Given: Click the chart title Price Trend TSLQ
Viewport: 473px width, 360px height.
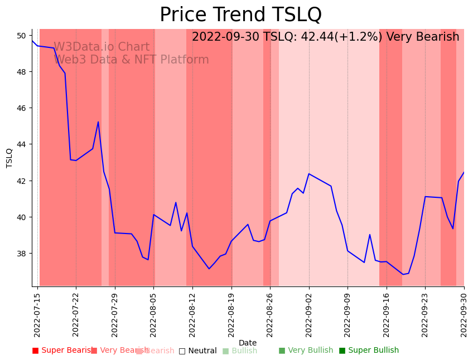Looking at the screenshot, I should [x=240, y=15].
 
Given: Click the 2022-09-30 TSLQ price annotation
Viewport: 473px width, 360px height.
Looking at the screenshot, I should [x=325, y=37].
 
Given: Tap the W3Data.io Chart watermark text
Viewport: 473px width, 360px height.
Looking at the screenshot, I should [x=102, y=47].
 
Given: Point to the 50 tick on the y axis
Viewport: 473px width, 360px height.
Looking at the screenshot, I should [x=22, y=36].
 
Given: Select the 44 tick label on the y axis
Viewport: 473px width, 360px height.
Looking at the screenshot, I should [x=22, y=144].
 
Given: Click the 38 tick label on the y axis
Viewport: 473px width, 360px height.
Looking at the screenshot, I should [x=22, y=254].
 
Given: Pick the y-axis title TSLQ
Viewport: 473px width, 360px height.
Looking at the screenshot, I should [x=9, y=158].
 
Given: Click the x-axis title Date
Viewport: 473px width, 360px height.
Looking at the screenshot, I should [x=248, y=343].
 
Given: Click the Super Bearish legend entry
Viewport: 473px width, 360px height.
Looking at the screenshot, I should [x=63, y=351].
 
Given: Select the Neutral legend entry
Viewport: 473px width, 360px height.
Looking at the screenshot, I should [x=197, y=351].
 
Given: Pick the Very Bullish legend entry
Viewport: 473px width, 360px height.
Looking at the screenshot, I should [x=306, y=351].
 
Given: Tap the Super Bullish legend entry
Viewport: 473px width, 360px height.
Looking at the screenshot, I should [x=369, y=351].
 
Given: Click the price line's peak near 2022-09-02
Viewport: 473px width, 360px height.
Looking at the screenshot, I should [x=309, y=174].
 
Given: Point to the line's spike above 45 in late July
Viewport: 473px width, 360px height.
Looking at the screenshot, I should [x=98, y=122].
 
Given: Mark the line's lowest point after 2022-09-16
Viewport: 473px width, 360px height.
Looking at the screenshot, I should [x=403, y=274].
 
